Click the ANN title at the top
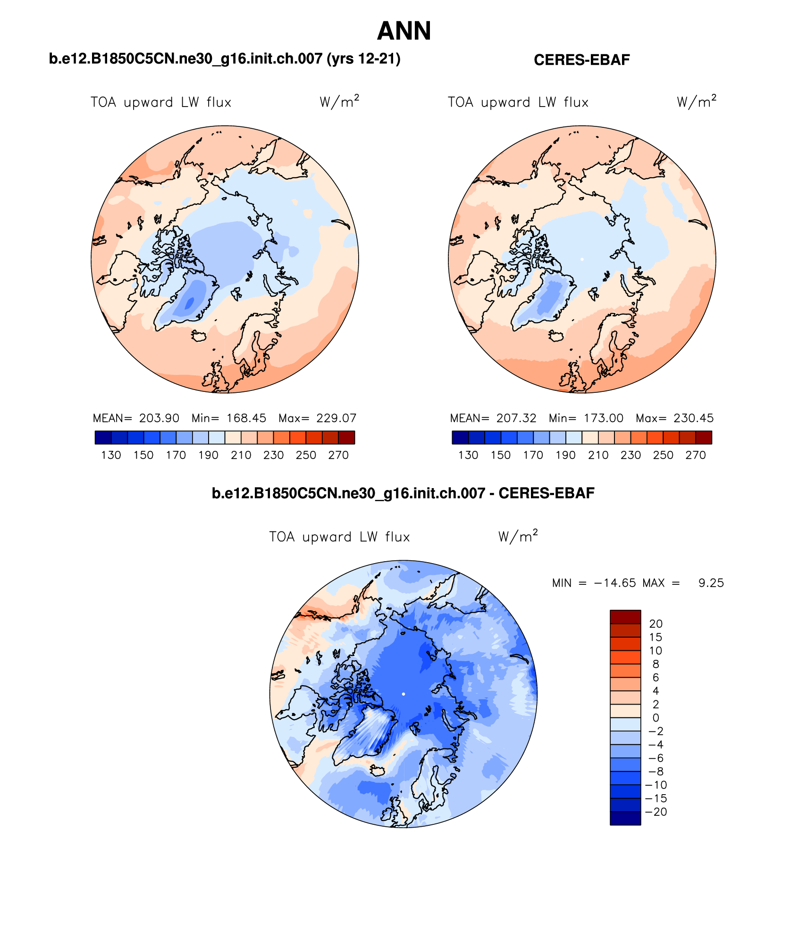[404, 31]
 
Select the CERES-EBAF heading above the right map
[581, 60]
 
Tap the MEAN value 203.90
[159, 418]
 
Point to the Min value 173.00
[603, 418]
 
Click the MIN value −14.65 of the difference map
[615, 583]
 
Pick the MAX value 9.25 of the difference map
[711, 583]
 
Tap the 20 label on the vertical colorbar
[656, 623]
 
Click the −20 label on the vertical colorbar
[656, 812]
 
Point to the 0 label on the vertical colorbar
[656, 718]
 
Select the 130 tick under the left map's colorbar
[111, 455]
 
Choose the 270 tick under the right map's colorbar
[695, 455]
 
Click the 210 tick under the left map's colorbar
[241, 455]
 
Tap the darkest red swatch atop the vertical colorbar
[625, 617]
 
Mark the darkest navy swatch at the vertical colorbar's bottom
[625, 818]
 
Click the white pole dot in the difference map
[403, 694]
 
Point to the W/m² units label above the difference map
[518, 537]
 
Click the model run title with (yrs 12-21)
[225, 59]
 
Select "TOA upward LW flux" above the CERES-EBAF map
[518, 102]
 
